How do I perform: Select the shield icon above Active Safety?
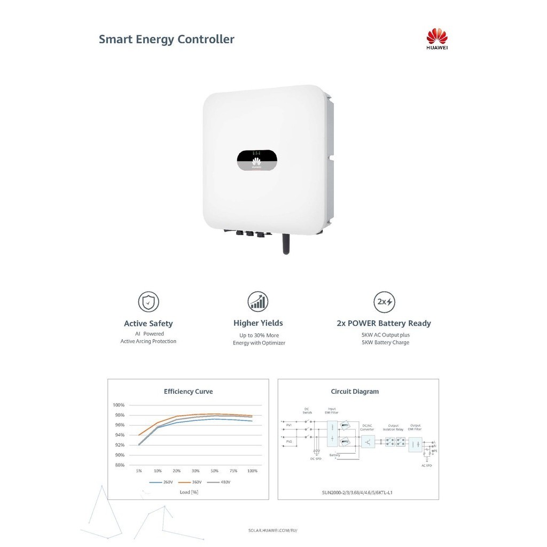pyautogui.click(x=149, y=302)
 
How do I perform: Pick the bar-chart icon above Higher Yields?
pyautogui.click(x=258, y=302)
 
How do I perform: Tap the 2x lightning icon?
pyautogui.click(x=384, y=302)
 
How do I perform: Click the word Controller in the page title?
pyautogui.click(x=206, y=39)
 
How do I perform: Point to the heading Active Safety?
pyautogui.click(x=149, y=323)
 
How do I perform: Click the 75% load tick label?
pyautogui.click(x=233, y=471)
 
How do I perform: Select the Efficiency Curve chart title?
pyautogui.click(x=188, y=392)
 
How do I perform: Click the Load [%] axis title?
pyautogui.click(x=189, y=492)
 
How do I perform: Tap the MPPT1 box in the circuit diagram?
pyautogui.click(x=345, y=426)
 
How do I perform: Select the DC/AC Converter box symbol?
pyautogui.click(x=368, y=442)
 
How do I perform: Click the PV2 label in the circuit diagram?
pyautogui.click(x=289, y=442)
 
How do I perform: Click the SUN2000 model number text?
pyautogui.click(x=358, y=493)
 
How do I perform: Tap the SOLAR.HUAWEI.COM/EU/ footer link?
pyautogui.click(x=273, y=530)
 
